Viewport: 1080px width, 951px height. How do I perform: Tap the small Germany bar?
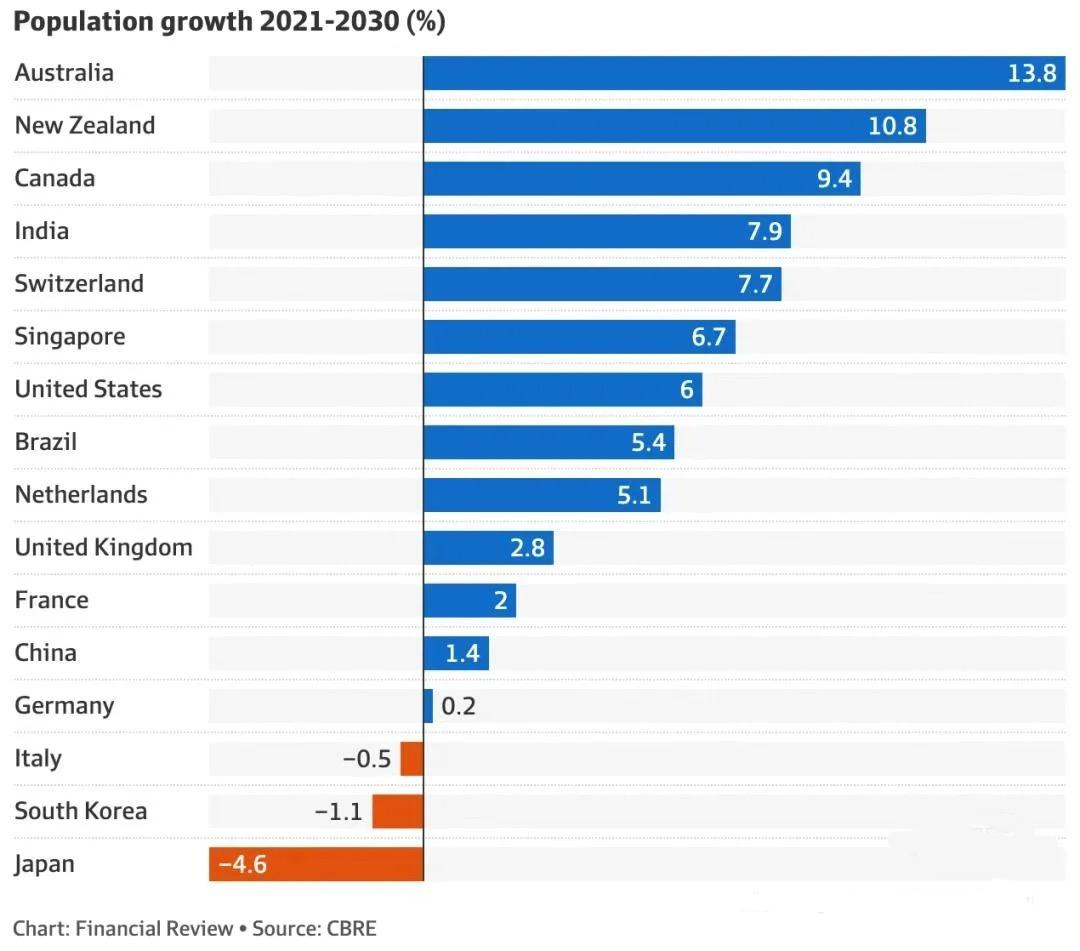[428, 706]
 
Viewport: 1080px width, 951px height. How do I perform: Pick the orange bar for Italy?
[411, 759]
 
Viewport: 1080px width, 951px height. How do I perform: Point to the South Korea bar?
[397, 811]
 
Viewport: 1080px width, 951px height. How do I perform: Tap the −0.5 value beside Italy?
[366, 759]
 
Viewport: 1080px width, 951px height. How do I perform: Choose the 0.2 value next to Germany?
[458, 706]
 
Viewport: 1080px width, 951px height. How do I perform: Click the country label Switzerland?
[79, 284]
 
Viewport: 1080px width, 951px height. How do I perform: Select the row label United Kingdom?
[103, 548]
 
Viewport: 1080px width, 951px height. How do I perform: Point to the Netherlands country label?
[81, 495]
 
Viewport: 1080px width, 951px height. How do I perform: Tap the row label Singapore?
[70, 337]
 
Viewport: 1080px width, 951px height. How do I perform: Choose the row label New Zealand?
[85, 126]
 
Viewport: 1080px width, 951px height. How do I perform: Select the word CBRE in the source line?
[351, 928]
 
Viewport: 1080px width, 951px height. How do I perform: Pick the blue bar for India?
[606, 232]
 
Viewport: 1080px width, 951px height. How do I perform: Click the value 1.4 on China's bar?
[462, 654]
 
